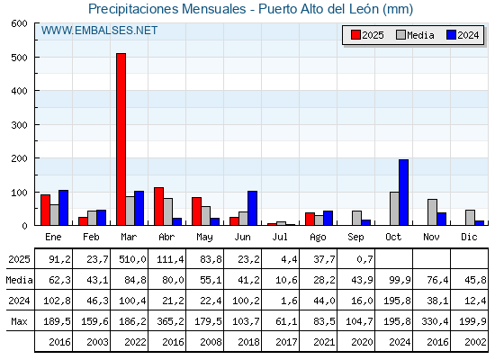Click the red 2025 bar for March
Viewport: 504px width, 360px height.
click(x=121, y=139)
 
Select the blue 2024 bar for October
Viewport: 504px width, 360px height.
click(x=404, y=193)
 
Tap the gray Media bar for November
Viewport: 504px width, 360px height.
click(x=432, y=212)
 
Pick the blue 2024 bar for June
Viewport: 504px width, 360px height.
click(x=252, y=208)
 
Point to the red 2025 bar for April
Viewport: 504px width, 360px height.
click(x=158, y=206)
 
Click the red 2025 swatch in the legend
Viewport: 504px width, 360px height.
click(x=355, y=35)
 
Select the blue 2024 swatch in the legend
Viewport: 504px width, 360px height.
click(x=451, y=35)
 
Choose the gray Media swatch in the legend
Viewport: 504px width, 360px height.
click(x=401, y=35)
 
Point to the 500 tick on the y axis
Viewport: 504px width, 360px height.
click(x=36, y=57)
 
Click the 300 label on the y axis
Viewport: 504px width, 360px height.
click(x=19, y=125)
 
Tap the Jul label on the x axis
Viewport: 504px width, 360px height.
click(x=280, y=237)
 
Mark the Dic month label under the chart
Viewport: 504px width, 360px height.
click(x=469, y=237)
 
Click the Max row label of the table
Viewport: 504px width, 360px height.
click(x=19, y=321)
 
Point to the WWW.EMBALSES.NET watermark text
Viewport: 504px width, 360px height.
click(x=99, y=31)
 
